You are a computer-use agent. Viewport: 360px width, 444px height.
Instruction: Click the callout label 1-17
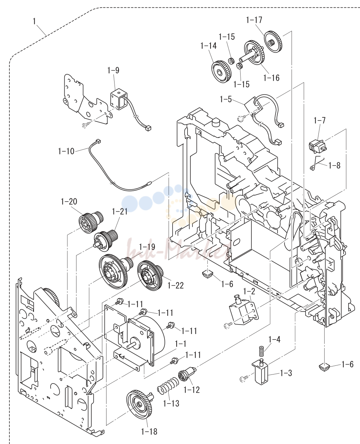pyautogui.click(x=254, y=20)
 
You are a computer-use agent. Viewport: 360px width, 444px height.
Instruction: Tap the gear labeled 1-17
pyautogui.click(x=273, y=41)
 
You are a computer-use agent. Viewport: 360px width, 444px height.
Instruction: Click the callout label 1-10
pyautogui.click(x=66, y=151)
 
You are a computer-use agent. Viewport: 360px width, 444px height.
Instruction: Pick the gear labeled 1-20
pyautogui.click(x=91, y=223)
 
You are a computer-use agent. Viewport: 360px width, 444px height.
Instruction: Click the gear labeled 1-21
pyautogui.click(x=106, y=240)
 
